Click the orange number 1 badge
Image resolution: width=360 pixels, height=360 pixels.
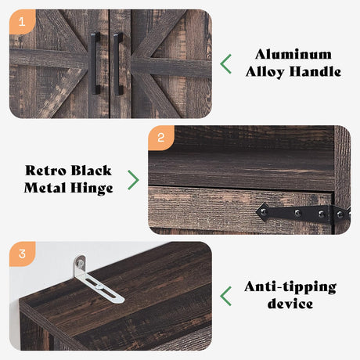click(22, 22)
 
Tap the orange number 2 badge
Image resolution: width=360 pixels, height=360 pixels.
click(161, 138)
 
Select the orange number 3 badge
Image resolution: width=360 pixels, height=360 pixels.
click(22, 254)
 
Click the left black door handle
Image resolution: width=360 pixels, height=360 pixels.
click(95, 63)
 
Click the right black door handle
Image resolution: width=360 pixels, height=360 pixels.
click(118, 63)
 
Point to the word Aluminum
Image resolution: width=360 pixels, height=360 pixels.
click(293, 54)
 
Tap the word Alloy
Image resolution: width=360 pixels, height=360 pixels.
click(265, 72)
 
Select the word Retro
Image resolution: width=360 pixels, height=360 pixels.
click(45, 171)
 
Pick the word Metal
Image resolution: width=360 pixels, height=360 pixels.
click(45, 188)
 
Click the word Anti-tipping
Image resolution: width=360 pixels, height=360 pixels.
click(290, 287)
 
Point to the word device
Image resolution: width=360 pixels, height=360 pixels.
click(290, 304)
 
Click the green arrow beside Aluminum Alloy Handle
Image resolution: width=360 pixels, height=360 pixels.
click(225, 64)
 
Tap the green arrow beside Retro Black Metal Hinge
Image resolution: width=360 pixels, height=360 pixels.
click(133, 180)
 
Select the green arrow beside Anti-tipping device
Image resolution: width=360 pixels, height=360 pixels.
click(225, 296)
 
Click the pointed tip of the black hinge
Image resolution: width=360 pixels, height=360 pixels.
click(257, 212)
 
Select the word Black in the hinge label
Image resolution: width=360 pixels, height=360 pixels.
click(91, 171)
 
